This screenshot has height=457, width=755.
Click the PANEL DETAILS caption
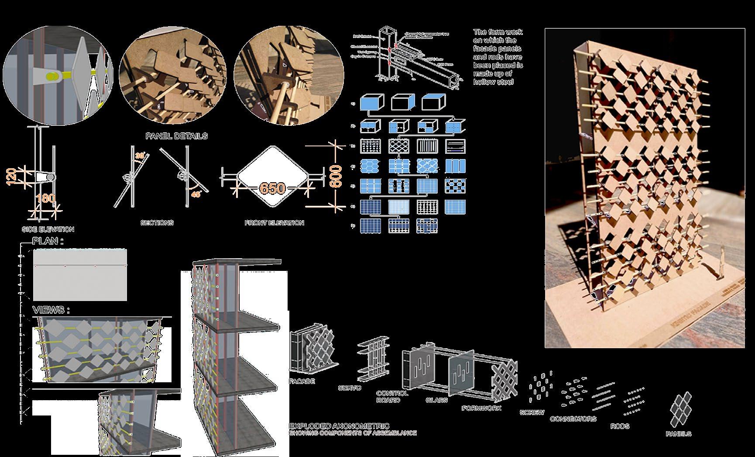(x=176, y=136)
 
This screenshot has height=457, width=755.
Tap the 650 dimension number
(x=272, y=189)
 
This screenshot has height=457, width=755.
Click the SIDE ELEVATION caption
(x=48, y=229)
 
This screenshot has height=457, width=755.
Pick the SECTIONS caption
(x=157, y=223)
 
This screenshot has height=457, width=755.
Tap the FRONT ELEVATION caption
(x=274, y=223)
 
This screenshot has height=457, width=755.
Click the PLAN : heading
(x=48, y=241)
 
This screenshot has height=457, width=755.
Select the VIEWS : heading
(x=51, y=310)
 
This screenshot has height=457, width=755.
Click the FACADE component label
(x=302, y=381)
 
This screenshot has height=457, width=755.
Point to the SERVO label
(x=350, y=388)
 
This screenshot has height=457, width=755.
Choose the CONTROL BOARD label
(x=392, y=396)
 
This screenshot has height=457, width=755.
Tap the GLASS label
(x=437, y=400)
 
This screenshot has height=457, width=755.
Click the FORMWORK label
(x=481, y=408)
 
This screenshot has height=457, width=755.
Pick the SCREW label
(x=532, y=412)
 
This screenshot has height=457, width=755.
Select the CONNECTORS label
(x=573, y=419)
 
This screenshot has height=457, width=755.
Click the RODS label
(x=620, y=426)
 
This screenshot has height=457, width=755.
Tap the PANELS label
(x=679, y=434)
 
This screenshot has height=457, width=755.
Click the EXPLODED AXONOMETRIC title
(x=340, y=426)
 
